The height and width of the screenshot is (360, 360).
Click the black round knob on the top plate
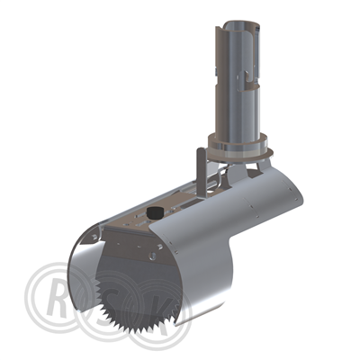155,212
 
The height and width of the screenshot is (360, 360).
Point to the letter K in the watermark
164,313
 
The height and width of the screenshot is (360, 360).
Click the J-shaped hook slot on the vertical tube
247,79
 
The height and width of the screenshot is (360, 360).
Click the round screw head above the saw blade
153,256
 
